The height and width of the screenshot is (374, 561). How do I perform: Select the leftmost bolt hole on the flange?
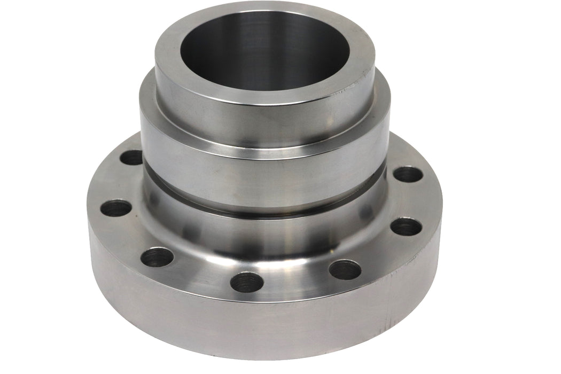(x=116, y=207)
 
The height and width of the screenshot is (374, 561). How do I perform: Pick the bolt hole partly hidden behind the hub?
(x=131, y=157)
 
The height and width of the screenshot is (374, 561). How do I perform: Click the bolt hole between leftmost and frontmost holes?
(x=157, y=257)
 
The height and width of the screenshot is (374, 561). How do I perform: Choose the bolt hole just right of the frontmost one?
(x=345, y=269)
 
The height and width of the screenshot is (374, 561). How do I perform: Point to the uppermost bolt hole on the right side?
(x=408, y=174)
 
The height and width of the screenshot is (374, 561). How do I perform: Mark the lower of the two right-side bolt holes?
(x=406, y=227)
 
